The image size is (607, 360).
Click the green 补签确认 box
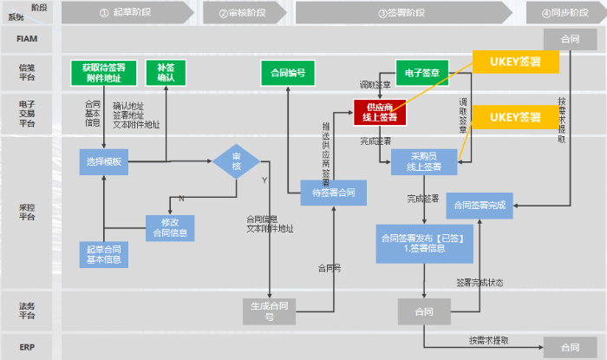click(x=166, y=73)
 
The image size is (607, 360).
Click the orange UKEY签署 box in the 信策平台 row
click(x=516, y=62)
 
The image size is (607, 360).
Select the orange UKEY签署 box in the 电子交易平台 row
click(x=516, y=116)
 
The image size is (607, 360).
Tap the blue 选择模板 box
click(x=103, y=162)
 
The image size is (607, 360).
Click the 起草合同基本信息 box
click(x=103, y=254)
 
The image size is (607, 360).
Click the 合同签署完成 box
click(x=481, y=206)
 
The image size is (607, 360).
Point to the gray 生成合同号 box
click(x=270, y=311)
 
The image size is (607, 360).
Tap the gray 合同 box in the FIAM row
click(x=569, y=39)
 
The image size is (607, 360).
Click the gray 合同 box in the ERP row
click(x=569, y=345)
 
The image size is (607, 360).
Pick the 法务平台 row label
click(x=28, y=311)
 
